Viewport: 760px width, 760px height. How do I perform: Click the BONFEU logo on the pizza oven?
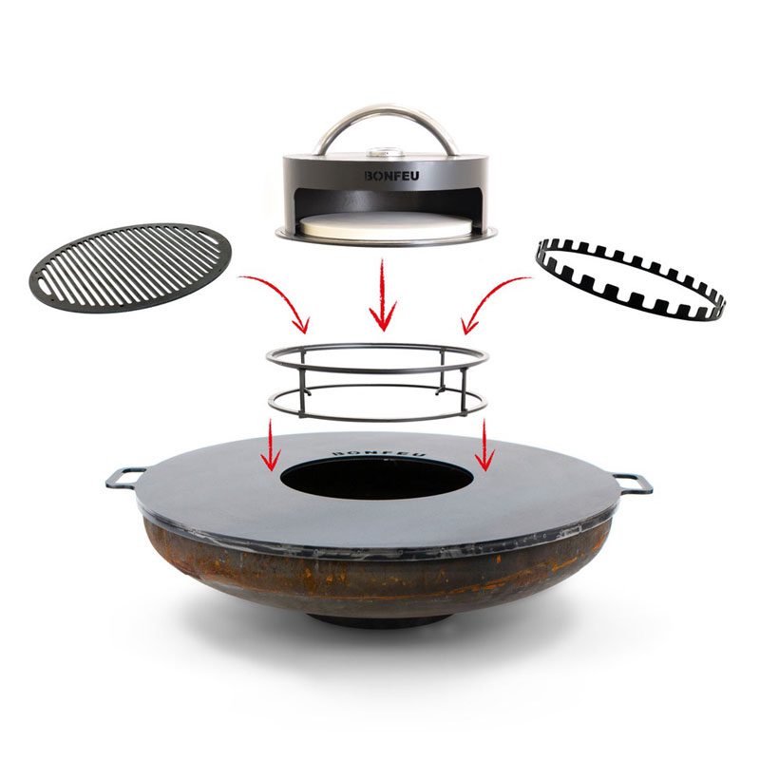pos(391,176)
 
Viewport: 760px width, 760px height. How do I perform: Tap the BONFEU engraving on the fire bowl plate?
pos(379,452)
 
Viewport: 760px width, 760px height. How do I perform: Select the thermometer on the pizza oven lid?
pos(387,153)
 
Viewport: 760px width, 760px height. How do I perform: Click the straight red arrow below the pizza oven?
pos(383,294)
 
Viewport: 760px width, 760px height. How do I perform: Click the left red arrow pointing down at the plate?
pos(271,446)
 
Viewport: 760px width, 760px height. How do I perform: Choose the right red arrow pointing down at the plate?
pos(484,446)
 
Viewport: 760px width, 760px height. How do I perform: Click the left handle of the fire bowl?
pos(124,477)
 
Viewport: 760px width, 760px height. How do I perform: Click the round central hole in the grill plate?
pos(376,478)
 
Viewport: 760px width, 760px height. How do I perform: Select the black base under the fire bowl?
pos(377,621)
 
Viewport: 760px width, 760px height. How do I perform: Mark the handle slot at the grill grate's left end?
pos(46,283)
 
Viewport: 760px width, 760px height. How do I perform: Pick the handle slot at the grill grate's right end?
pos(212,237)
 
